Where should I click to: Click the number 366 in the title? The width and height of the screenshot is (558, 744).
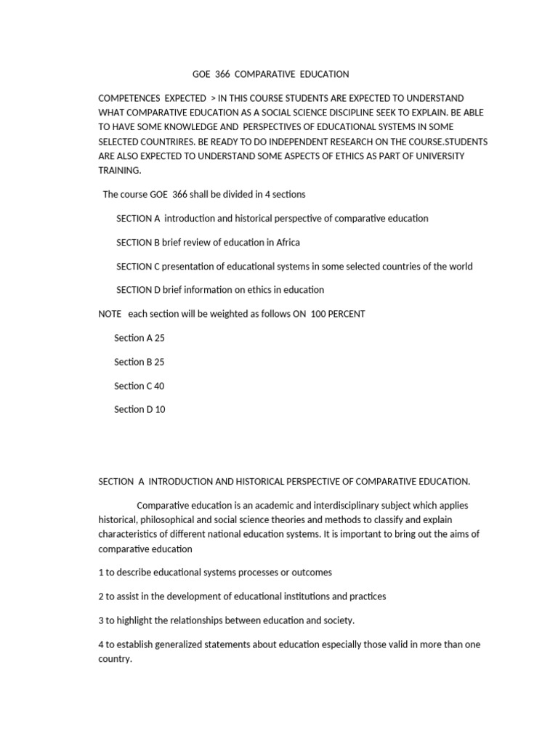click(222, 74)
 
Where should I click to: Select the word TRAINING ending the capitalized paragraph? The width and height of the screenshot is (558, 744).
click(120, 170)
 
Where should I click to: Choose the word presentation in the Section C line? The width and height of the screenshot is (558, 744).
click(185, 266)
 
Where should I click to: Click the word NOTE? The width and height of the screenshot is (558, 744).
click(110, 314)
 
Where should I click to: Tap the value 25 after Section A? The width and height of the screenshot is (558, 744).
click(160, 338)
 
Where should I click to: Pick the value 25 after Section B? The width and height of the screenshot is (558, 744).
click(159, 362)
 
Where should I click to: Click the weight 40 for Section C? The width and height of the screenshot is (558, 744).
click(159, 386)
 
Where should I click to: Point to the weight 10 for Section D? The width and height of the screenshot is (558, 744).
click(160, 409)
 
